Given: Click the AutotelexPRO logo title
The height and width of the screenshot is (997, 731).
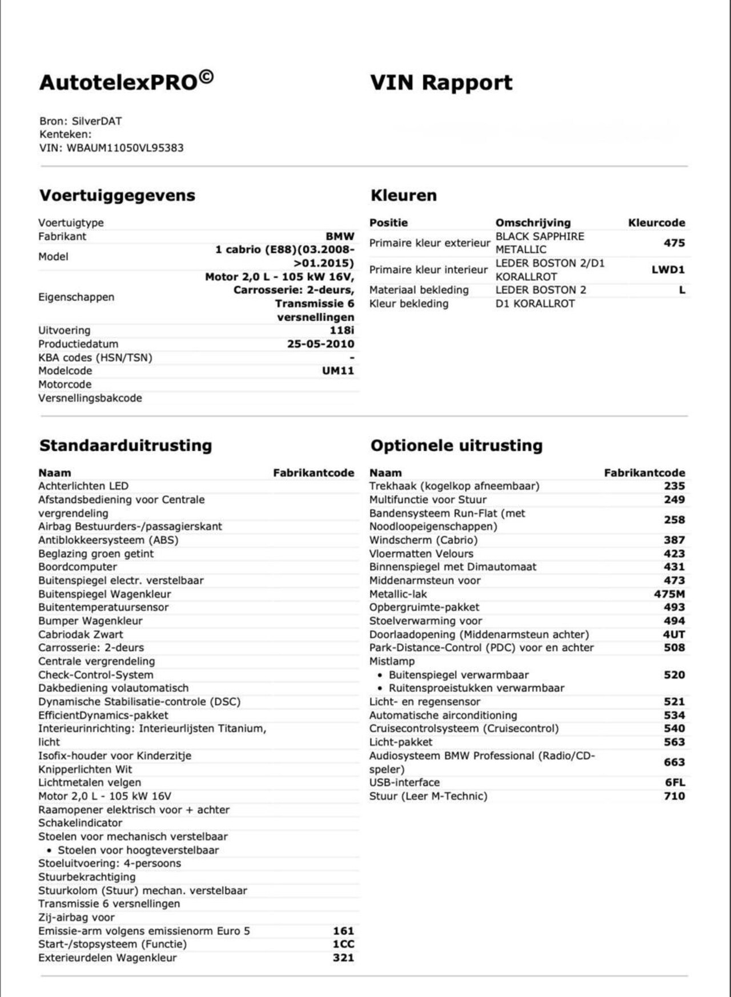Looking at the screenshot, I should [126, 82].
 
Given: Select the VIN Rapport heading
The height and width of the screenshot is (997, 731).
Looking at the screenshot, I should [441, 83].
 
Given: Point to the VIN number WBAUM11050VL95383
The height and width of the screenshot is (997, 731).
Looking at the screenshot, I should [125, 148].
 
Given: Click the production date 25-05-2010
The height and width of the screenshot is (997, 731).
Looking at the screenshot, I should [320, 344].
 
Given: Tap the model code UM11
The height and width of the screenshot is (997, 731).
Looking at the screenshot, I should [338, 371].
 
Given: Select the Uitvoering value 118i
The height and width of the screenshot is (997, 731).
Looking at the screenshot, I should [342, 330].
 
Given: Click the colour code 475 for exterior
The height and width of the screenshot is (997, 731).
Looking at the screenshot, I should [674, 243].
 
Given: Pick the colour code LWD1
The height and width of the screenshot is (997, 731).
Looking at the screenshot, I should [668, 270].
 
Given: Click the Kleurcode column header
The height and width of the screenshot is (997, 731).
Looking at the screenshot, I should [656, 223].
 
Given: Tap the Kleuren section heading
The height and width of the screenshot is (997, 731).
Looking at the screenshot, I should [403, 196].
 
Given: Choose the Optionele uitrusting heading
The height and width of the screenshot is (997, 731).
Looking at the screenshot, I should [456, 446].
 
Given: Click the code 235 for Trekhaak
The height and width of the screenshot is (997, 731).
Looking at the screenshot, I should [674, 486].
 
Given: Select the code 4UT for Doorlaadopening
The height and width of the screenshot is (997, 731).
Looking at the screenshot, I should [673, 635].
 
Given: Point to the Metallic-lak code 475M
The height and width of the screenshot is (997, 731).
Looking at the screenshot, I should [669, 594].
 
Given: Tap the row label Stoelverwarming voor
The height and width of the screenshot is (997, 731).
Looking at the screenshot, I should [425, 621].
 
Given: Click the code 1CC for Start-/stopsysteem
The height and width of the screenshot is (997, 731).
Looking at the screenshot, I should [343, 944].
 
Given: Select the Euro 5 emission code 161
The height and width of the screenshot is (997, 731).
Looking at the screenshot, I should [343, 931].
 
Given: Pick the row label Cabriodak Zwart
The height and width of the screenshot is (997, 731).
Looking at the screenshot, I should [81, 635].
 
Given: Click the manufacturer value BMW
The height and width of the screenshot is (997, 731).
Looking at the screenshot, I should [340, 236].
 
